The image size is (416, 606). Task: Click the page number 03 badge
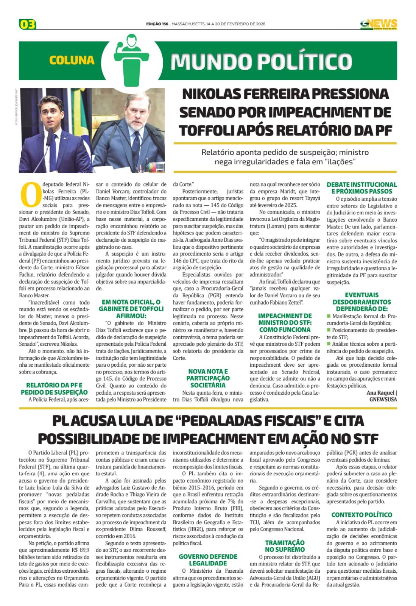28,25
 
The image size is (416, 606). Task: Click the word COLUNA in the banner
72,60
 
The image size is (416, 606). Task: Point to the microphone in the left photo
50,134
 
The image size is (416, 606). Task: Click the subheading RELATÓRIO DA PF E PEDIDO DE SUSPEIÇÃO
54,389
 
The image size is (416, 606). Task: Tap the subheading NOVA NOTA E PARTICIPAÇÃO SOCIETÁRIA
208,378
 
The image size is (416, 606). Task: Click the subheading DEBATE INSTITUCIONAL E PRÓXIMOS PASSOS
361,188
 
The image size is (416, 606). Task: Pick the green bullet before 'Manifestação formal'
329,316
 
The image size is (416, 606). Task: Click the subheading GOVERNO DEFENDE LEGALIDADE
208,560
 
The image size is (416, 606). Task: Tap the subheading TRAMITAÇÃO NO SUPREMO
285,546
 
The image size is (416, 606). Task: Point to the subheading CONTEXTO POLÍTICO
361,515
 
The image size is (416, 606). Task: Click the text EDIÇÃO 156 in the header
157,24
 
